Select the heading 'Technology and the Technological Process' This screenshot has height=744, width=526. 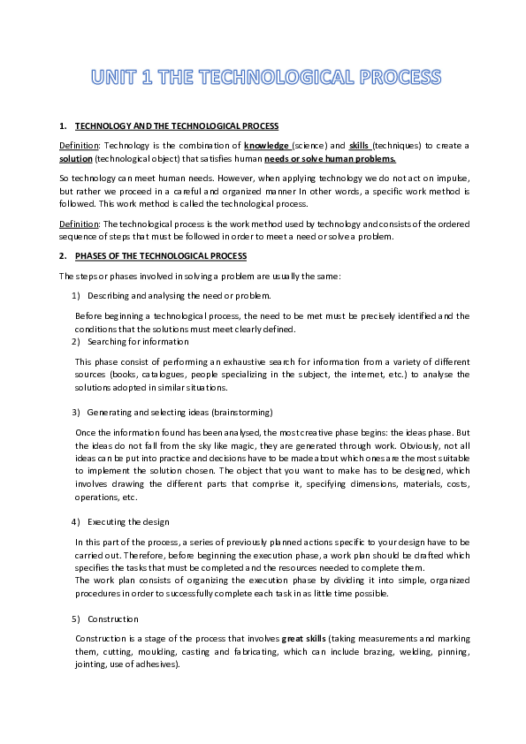pyautogui.click(x=177, y=126)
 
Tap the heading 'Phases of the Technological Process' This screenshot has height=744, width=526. pyautogui.click(x=160, y=255)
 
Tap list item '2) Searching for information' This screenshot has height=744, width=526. pyautogui.click(x=137, y=341)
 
